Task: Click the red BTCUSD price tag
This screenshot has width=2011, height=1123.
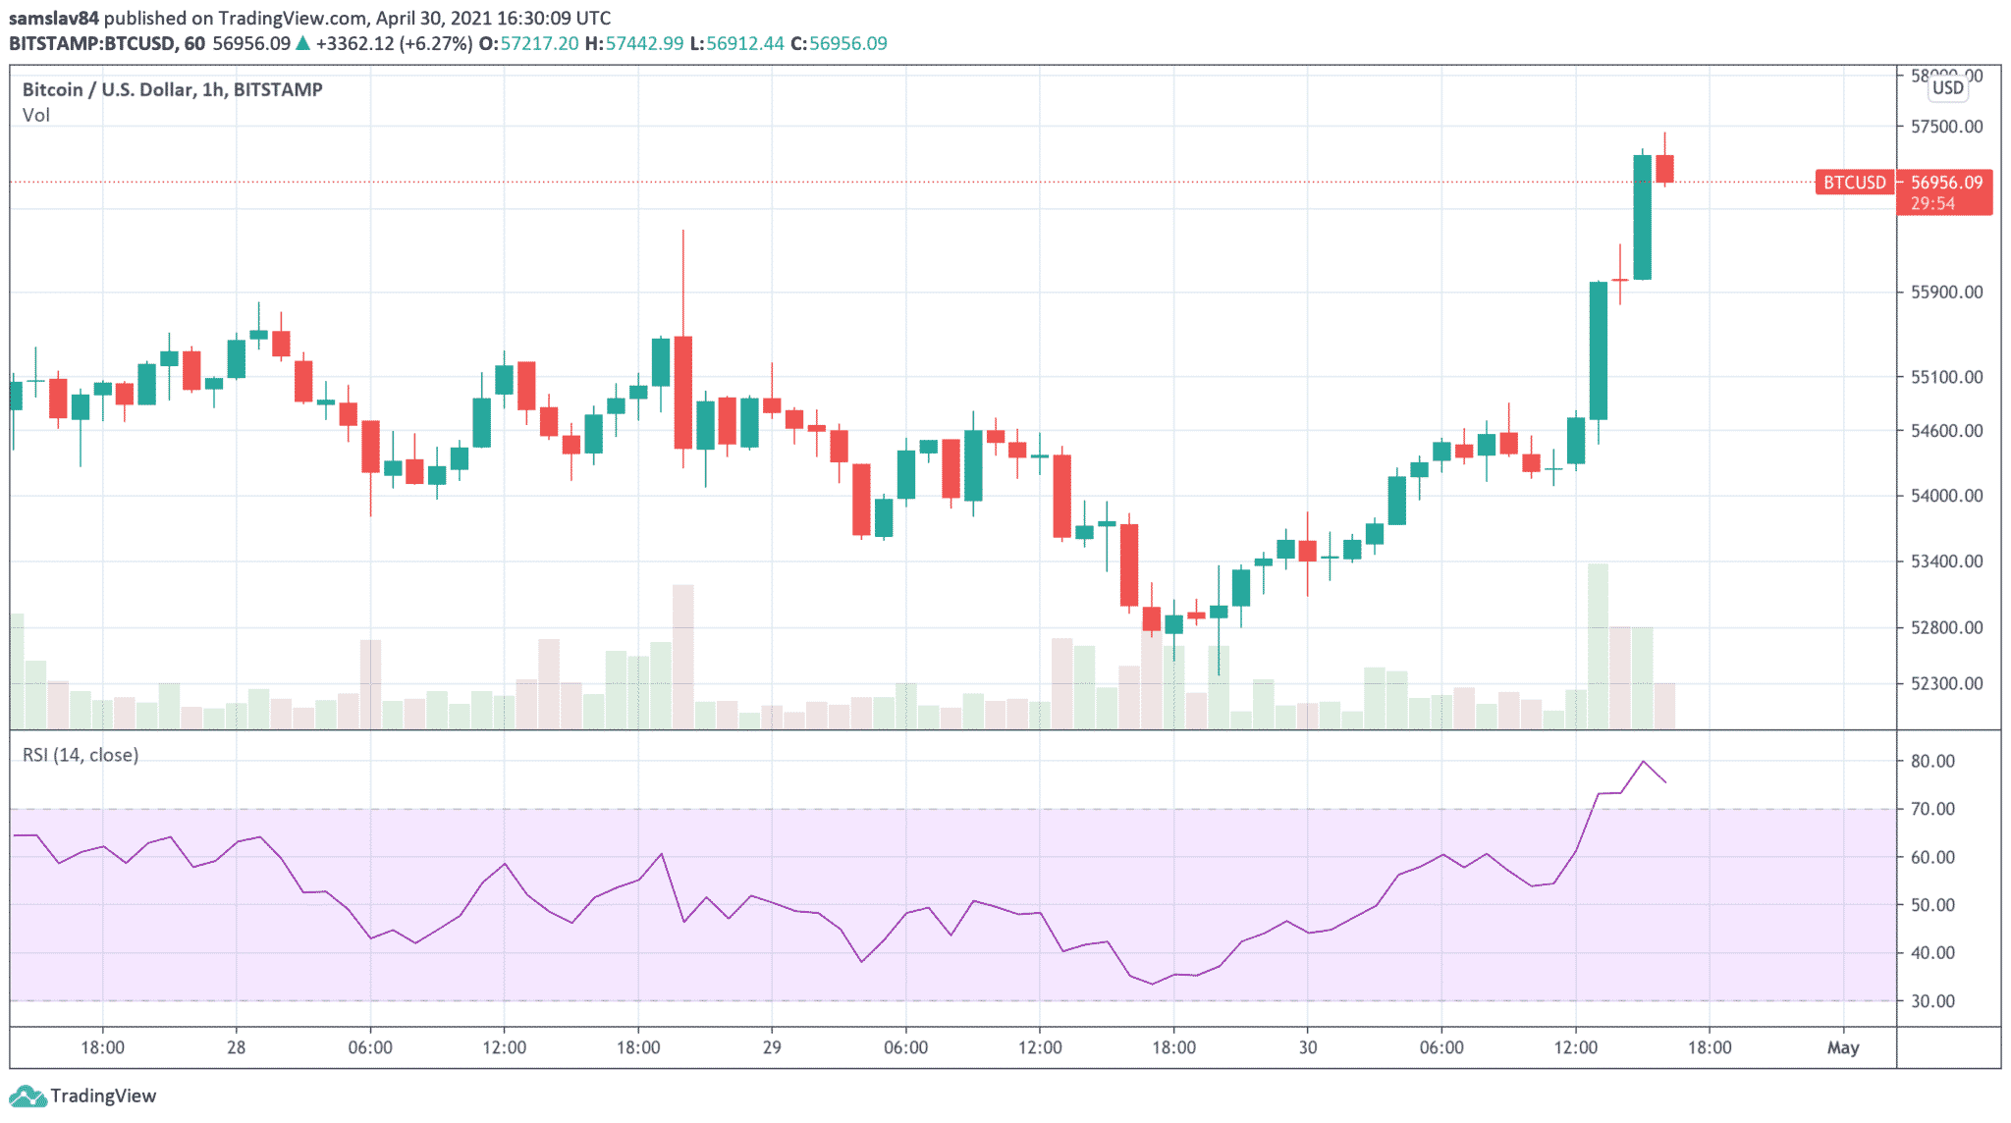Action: click(1854, 183)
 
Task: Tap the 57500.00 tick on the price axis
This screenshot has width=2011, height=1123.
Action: click(1946, 127)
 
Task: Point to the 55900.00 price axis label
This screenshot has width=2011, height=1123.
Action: click(1946, 293)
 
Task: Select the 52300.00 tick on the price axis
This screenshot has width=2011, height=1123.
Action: click(1946, 683)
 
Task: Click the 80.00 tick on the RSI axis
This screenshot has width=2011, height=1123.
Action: click(1932, 761)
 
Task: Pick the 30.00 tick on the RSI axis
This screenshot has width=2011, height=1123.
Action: click(1932, 1001)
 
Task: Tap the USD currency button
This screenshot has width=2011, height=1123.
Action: click(1947, 88)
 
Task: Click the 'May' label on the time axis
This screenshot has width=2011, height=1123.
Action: click(1843, 1047)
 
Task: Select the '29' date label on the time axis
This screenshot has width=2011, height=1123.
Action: click(772, 1047)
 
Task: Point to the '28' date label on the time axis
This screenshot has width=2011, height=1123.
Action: click(236, 1047)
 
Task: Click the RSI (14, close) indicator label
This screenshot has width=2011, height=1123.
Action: click(81, 755)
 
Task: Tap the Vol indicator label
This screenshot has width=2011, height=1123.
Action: click(36, 115)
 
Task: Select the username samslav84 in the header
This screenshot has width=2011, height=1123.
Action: click(54, 18)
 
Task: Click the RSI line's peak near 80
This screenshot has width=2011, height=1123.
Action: click(1643, 762)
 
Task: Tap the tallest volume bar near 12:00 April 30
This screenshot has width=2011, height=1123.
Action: click(1598, 645)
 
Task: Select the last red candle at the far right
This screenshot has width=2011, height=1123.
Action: click(1664, 169)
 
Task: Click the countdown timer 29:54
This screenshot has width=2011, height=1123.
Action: click(1932, 204)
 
